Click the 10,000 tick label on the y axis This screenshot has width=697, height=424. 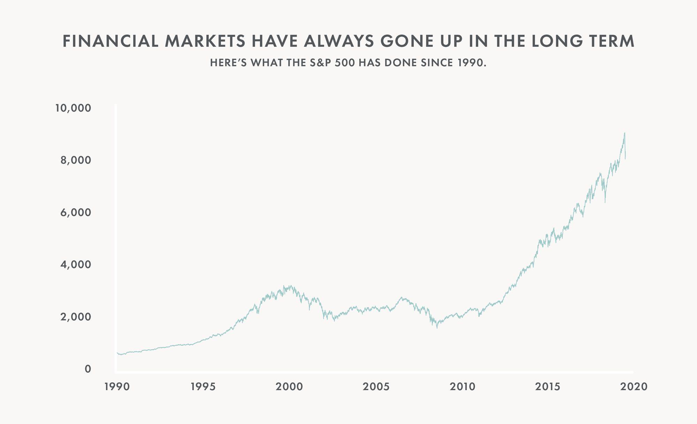(x=73, y=108)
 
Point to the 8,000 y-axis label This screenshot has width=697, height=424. (x=76, y=161)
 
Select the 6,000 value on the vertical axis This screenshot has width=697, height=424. (x=76, y=213)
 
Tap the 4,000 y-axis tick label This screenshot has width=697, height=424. (x=76, y=265)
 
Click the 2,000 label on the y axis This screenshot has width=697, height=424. (x=76, y=317)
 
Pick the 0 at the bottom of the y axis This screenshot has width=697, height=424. (x=88, y=369)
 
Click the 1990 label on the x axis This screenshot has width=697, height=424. (x=117, y=387)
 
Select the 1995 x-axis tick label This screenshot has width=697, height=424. (x=204, y=387)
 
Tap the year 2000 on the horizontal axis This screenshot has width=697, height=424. (x=289, y=387)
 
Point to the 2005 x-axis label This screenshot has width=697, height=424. (x=376, y=387)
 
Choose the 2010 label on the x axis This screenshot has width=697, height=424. (x=462, y=387)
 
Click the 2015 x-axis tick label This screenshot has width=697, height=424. (x=548, y=387)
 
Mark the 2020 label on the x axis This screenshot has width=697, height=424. (x=634, y=387)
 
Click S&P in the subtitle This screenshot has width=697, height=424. (x=318, y=63)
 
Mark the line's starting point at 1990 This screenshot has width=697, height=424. (x=117, y=353)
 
